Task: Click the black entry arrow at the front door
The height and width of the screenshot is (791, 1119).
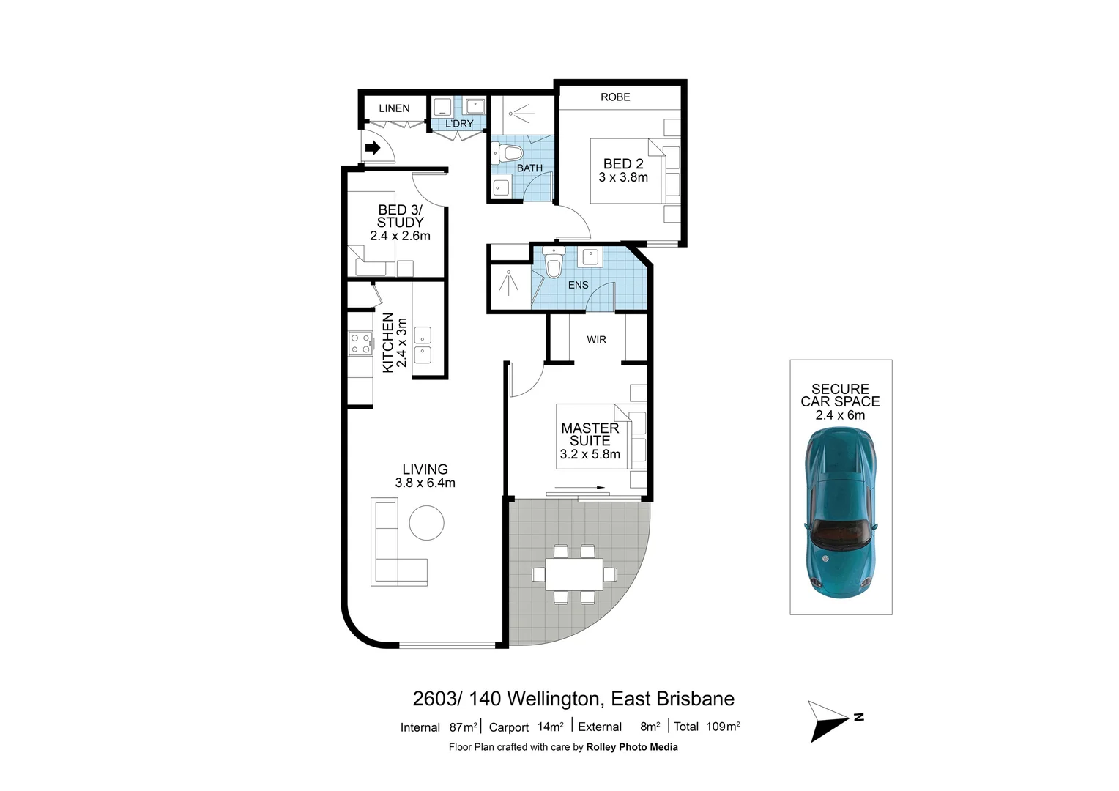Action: (x=372, y=149)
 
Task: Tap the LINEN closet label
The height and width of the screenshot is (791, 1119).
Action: (x=394, y=108)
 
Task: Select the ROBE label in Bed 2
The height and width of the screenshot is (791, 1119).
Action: (x=615, y=97)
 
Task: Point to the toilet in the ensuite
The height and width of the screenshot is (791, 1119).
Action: (x=554, y=265)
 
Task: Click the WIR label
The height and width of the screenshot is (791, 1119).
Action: (x=596, y=340)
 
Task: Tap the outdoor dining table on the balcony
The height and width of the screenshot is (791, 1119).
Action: (x=574, y=574)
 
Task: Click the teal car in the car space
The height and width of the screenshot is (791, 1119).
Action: (x=840, y=513)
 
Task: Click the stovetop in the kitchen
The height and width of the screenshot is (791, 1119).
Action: (x=360, y=343)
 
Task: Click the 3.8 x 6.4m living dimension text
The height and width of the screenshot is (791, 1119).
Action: (x=425, y=483)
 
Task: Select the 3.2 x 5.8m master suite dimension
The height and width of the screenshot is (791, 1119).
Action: (x=590, y=454)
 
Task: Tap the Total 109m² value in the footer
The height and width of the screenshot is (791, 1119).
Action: (x=707, y=727)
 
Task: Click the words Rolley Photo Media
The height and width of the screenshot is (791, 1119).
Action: (x=632, y=747)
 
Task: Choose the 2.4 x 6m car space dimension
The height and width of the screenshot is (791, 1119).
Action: (x=840, y=415)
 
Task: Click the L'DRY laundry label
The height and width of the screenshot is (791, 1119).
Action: (x=459, y=124)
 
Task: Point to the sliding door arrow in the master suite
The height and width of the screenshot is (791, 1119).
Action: (x=579, y=487)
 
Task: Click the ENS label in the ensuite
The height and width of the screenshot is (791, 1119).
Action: (x=578, y=285)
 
